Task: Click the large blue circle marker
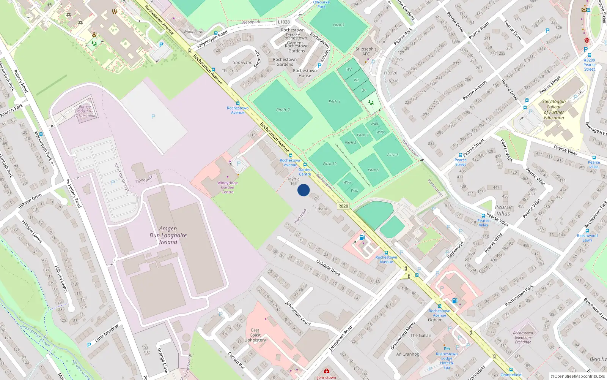click(303, 190)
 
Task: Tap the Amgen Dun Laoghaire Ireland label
click(168, 235)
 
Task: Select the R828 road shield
click(343, 206)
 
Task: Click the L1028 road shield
click(283, 22)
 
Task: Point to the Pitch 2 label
click(283, 110)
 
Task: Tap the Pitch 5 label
click(334, 101)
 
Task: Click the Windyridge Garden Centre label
click(228, 187)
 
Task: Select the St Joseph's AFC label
click(366, 51)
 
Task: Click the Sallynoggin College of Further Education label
click(554, 109)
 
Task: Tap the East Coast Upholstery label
click(255, 335)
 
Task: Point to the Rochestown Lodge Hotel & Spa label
click(447, 361)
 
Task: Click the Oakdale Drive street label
click(328, 268)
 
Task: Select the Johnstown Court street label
click(298, 313)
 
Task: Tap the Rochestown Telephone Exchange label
click(523, 337)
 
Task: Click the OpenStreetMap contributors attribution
click(578, 376)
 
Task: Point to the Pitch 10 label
click(330, 164)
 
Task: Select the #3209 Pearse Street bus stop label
click(589, 65)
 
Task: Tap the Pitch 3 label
click(338, 25)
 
